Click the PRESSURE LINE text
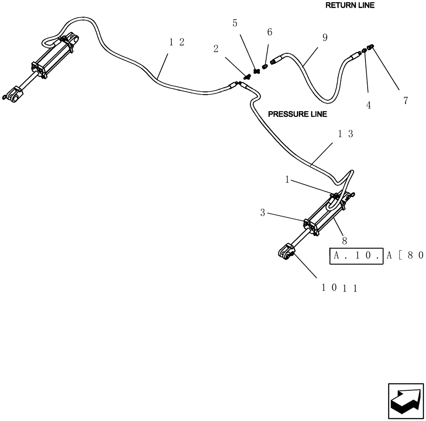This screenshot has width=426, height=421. (297, 114)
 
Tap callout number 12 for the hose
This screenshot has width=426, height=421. (176, 42)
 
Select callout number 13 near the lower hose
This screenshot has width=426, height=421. (345, 134)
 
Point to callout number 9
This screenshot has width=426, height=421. (325, 37)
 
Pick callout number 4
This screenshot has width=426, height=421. (368, 105)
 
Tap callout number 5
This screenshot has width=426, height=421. (235, 23)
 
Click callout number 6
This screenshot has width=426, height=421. (269, 32)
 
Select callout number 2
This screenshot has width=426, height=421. (216, 49)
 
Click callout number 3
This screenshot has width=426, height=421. (263, 212)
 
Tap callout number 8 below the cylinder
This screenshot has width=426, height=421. (345, 241)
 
